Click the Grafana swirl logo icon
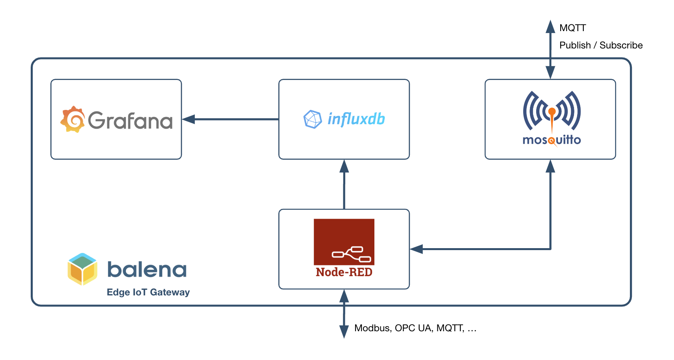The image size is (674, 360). point(73,119)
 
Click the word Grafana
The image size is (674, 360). point(130,121)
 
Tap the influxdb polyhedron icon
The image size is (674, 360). point(313,119)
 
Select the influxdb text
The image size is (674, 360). point(356,119)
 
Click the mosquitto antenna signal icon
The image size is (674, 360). point(552,111)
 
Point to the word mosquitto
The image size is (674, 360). point(552,140)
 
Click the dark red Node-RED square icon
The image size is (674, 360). point(344,241)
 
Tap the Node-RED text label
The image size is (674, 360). point(344,272)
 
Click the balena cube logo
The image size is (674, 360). point(82,269)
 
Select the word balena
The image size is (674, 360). point(147,270)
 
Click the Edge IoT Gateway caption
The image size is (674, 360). point(148,292)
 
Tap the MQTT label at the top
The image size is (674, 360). point(572,28)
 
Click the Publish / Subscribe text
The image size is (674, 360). point(601,45)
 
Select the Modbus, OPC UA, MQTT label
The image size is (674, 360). point(415,328)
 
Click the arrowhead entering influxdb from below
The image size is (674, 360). point(344,166)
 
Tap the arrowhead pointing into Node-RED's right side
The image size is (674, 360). point(417,249)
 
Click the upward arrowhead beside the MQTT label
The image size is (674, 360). point(550,27)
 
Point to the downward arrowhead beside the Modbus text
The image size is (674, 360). point(344,331)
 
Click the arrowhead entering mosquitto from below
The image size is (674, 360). point(550,166)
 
